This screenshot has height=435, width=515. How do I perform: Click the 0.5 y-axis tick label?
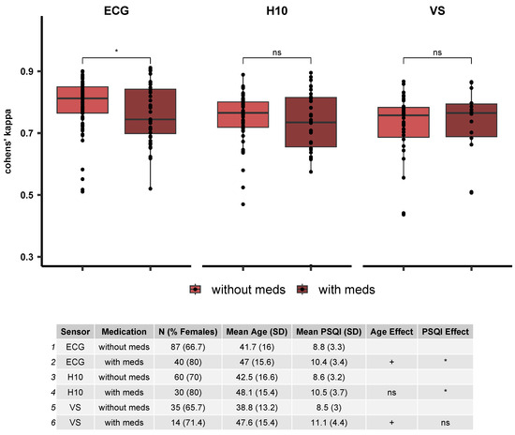tap(28, 195)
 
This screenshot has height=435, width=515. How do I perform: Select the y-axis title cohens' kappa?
tap(8, 163)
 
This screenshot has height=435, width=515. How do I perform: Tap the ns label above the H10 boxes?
tap(277, 52)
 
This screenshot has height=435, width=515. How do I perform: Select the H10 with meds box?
tap(311, 122)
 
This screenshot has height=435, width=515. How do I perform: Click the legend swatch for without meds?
tap(196, 290)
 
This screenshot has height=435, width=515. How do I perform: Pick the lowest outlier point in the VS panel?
tap(405, 215)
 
